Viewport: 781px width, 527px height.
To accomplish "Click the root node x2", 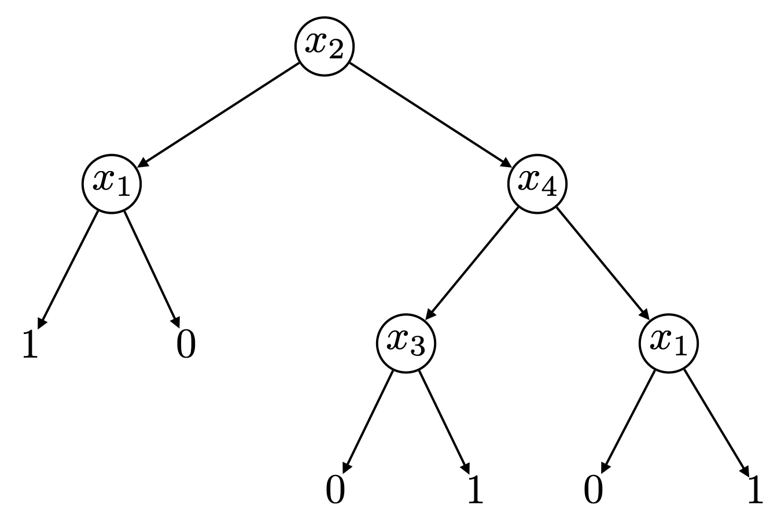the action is coord(325,46).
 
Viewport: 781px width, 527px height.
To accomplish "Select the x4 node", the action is coord(537,184).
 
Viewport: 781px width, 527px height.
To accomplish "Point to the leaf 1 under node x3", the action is coord(474,490).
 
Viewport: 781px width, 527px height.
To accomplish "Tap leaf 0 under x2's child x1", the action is coord(186,346).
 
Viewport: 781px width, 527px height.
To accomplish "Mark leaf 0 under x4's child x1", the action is coord(593,490).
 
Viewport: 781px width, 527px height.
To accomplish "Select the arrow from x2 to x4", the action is coord(428,113).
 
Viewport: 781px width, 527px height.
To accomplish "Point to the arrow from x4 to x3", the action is coord(471,263).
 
